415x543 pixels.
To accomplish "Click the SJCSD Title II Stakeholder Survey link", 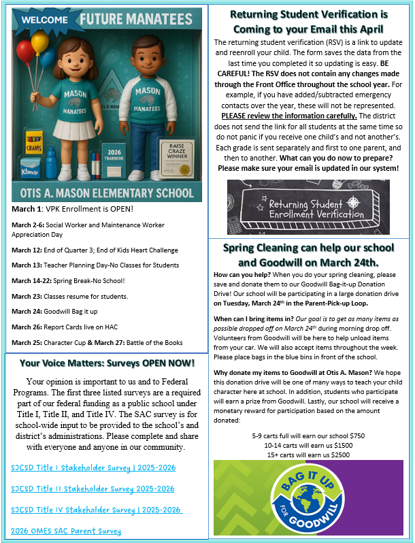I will pos(93,489).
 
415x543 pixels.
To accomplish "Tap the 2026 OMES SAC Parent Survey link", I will pos(66,531).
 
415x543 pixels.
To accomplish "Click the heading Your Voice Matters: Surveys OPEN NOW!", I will pos(107,363).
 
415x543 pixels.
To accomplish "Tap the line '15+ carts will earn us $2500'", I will pos(309,454).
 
